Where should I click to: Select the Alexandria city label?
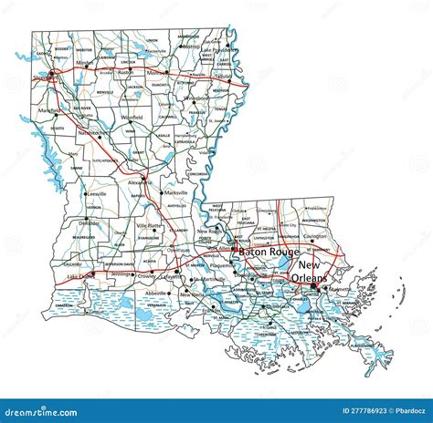[x=140, y=182]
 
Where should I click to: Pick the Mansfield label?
[x=49, y=110]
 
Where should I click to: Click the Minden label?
[x=84, y=63]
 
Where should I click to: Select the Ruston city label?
[x=125, y=71]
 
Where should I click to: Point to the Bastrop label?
[x=191, y=45]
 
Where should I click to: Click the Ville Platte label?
[x=149, y=224]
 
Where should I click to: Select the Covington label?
[x=315, y=235]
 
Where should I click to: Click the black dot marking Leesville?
[x=85, y=194]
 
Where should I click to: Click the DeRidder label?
[x=89, y=222]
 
